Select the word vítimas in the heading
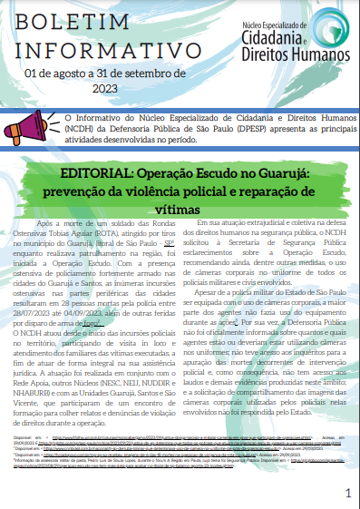180,208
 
